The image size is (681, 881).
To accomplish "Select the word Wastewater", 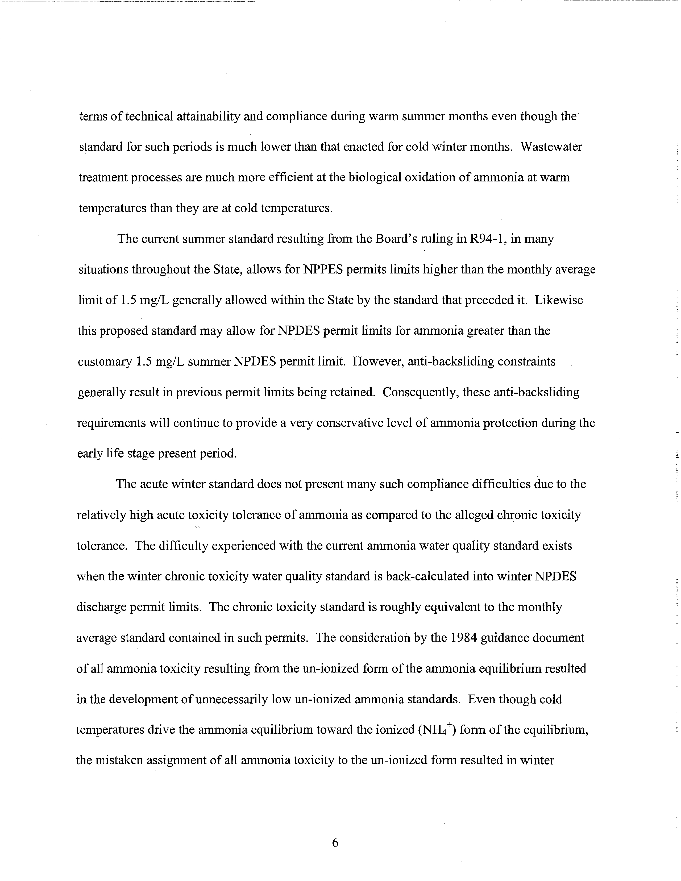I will click(551, 147).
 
